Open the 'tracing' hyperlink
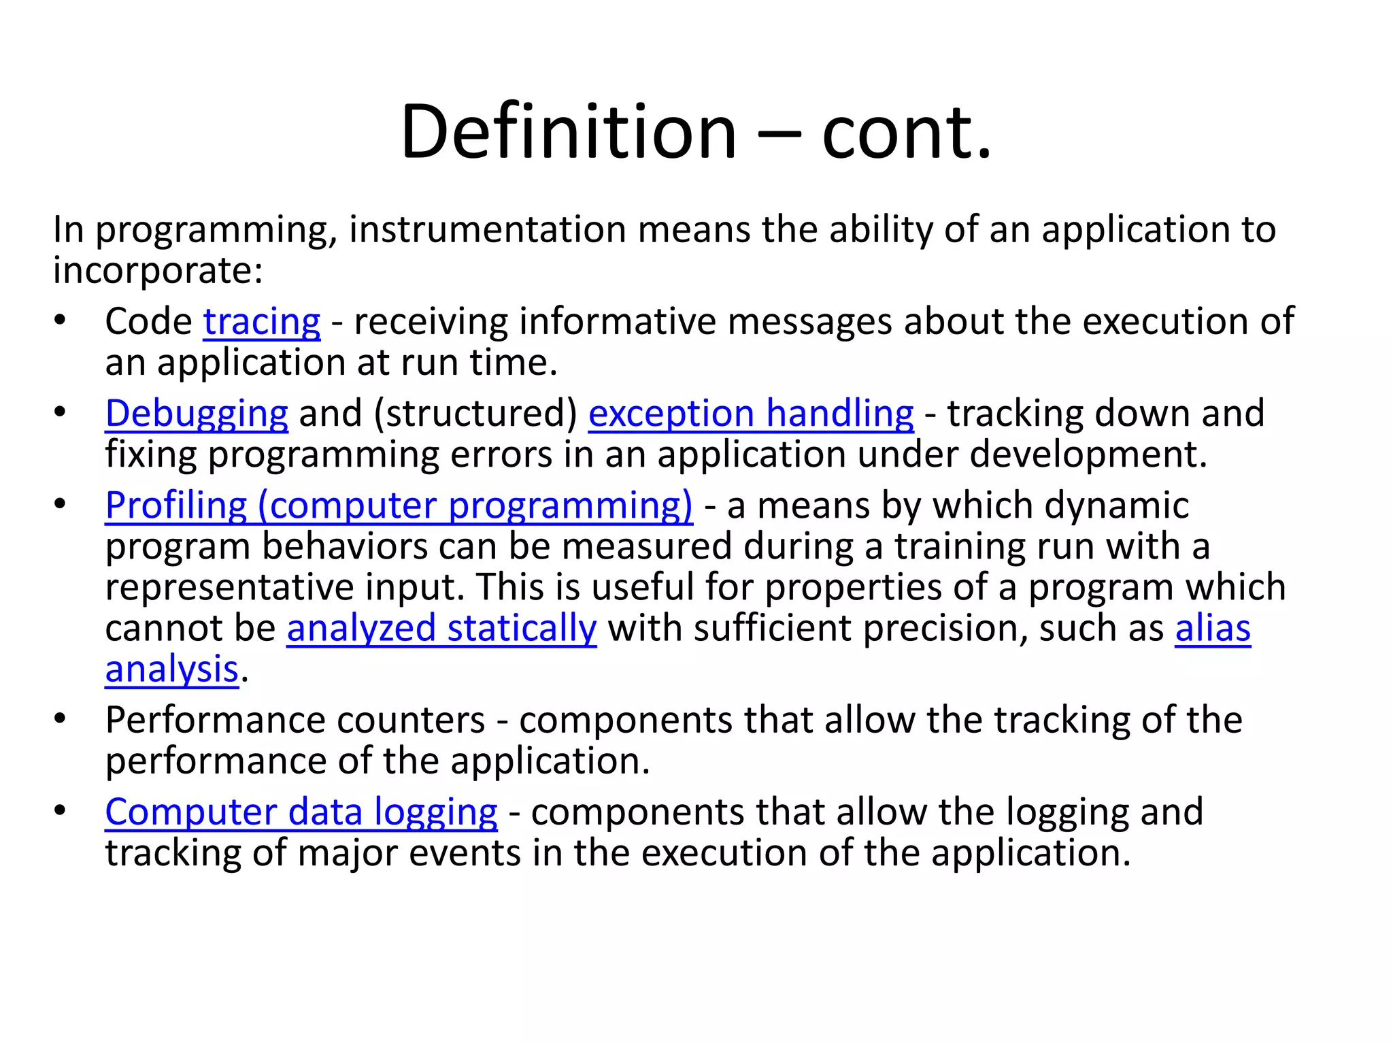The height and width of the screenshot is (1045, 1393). coord(261,322)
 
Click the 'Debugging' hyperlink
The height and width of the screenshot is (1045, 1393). coord(197,414)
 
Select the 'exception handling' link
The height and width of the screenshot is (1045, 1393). coord(751,414)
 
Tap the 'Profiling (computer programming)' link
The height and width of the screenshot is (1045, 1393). coord(399,505)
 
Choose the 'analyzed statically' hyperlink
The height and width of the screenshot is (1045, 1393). coord(441,628)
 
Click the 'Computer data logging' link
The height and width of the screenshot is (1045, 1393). coord(301,812)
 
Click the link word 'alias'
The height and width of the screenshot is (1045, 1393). coord(1213,628)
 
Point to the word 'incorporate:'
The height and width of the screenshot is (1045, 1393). coord(158,271)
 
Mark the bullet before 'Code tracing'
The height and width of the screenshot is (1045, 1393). coord(61,320)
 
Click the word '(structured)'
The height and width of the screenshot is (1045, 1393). coord(475,414)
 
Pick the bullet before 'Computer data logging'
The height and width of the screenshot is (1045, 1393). coord(61,810)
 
